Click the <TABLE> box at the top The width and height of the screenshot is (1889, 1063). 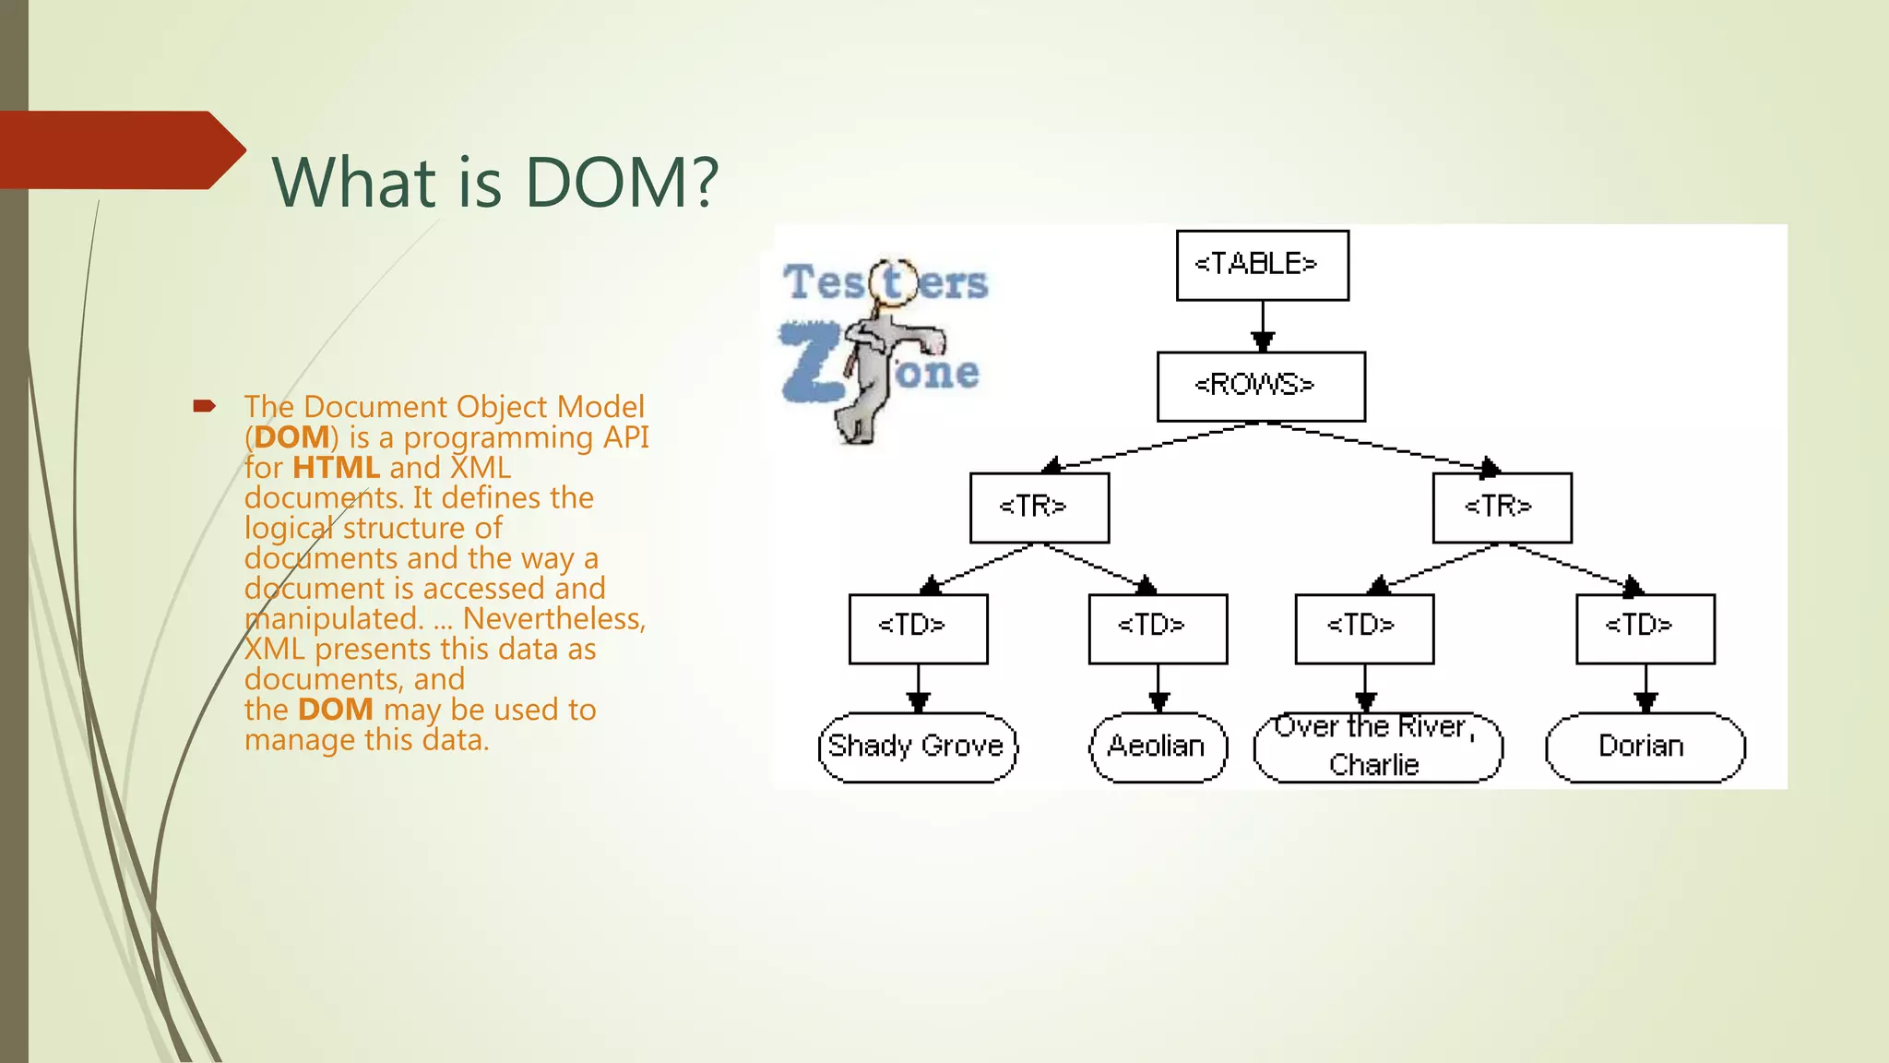tap(1262, 265)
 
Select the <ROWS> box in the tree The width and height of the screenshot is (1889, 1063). tap(1260, 386)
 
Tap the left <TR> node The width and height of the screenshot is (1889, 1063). tap(1039, 508)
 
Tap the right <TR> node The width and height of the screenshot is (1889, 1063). tap(1502, 508)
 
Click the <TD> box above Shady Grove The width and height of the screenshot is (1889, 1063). tap(918, 628)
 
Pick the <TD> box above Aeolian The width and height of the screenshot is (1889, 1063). tap(1158, 628)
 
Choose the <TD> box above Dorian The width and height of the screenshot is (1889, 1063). tap(1645, 628)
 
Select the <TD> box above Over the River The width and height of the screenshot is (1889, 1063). tap(1364, 628)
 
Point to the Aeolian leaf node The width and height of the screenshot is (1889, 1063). tap(1158, 746)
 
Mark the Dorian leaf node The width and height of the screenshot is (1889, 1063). tap(1645, 746)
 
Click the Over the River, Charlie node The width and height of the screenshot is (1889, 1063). tap(1377, 746)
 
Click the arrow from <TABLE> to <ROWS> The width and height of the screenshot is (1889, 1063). tap(1263, 327)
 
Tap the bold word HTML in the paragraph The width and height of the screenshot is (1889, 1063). tap(336, 468)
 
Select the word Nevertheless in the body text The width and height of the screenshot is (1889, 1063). tap(552, 619)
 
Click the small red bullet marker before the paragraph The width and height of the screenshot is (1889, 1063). tap(204, 406)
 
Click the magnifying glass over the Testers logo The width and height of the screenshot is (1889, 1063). tap(892, 281)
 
